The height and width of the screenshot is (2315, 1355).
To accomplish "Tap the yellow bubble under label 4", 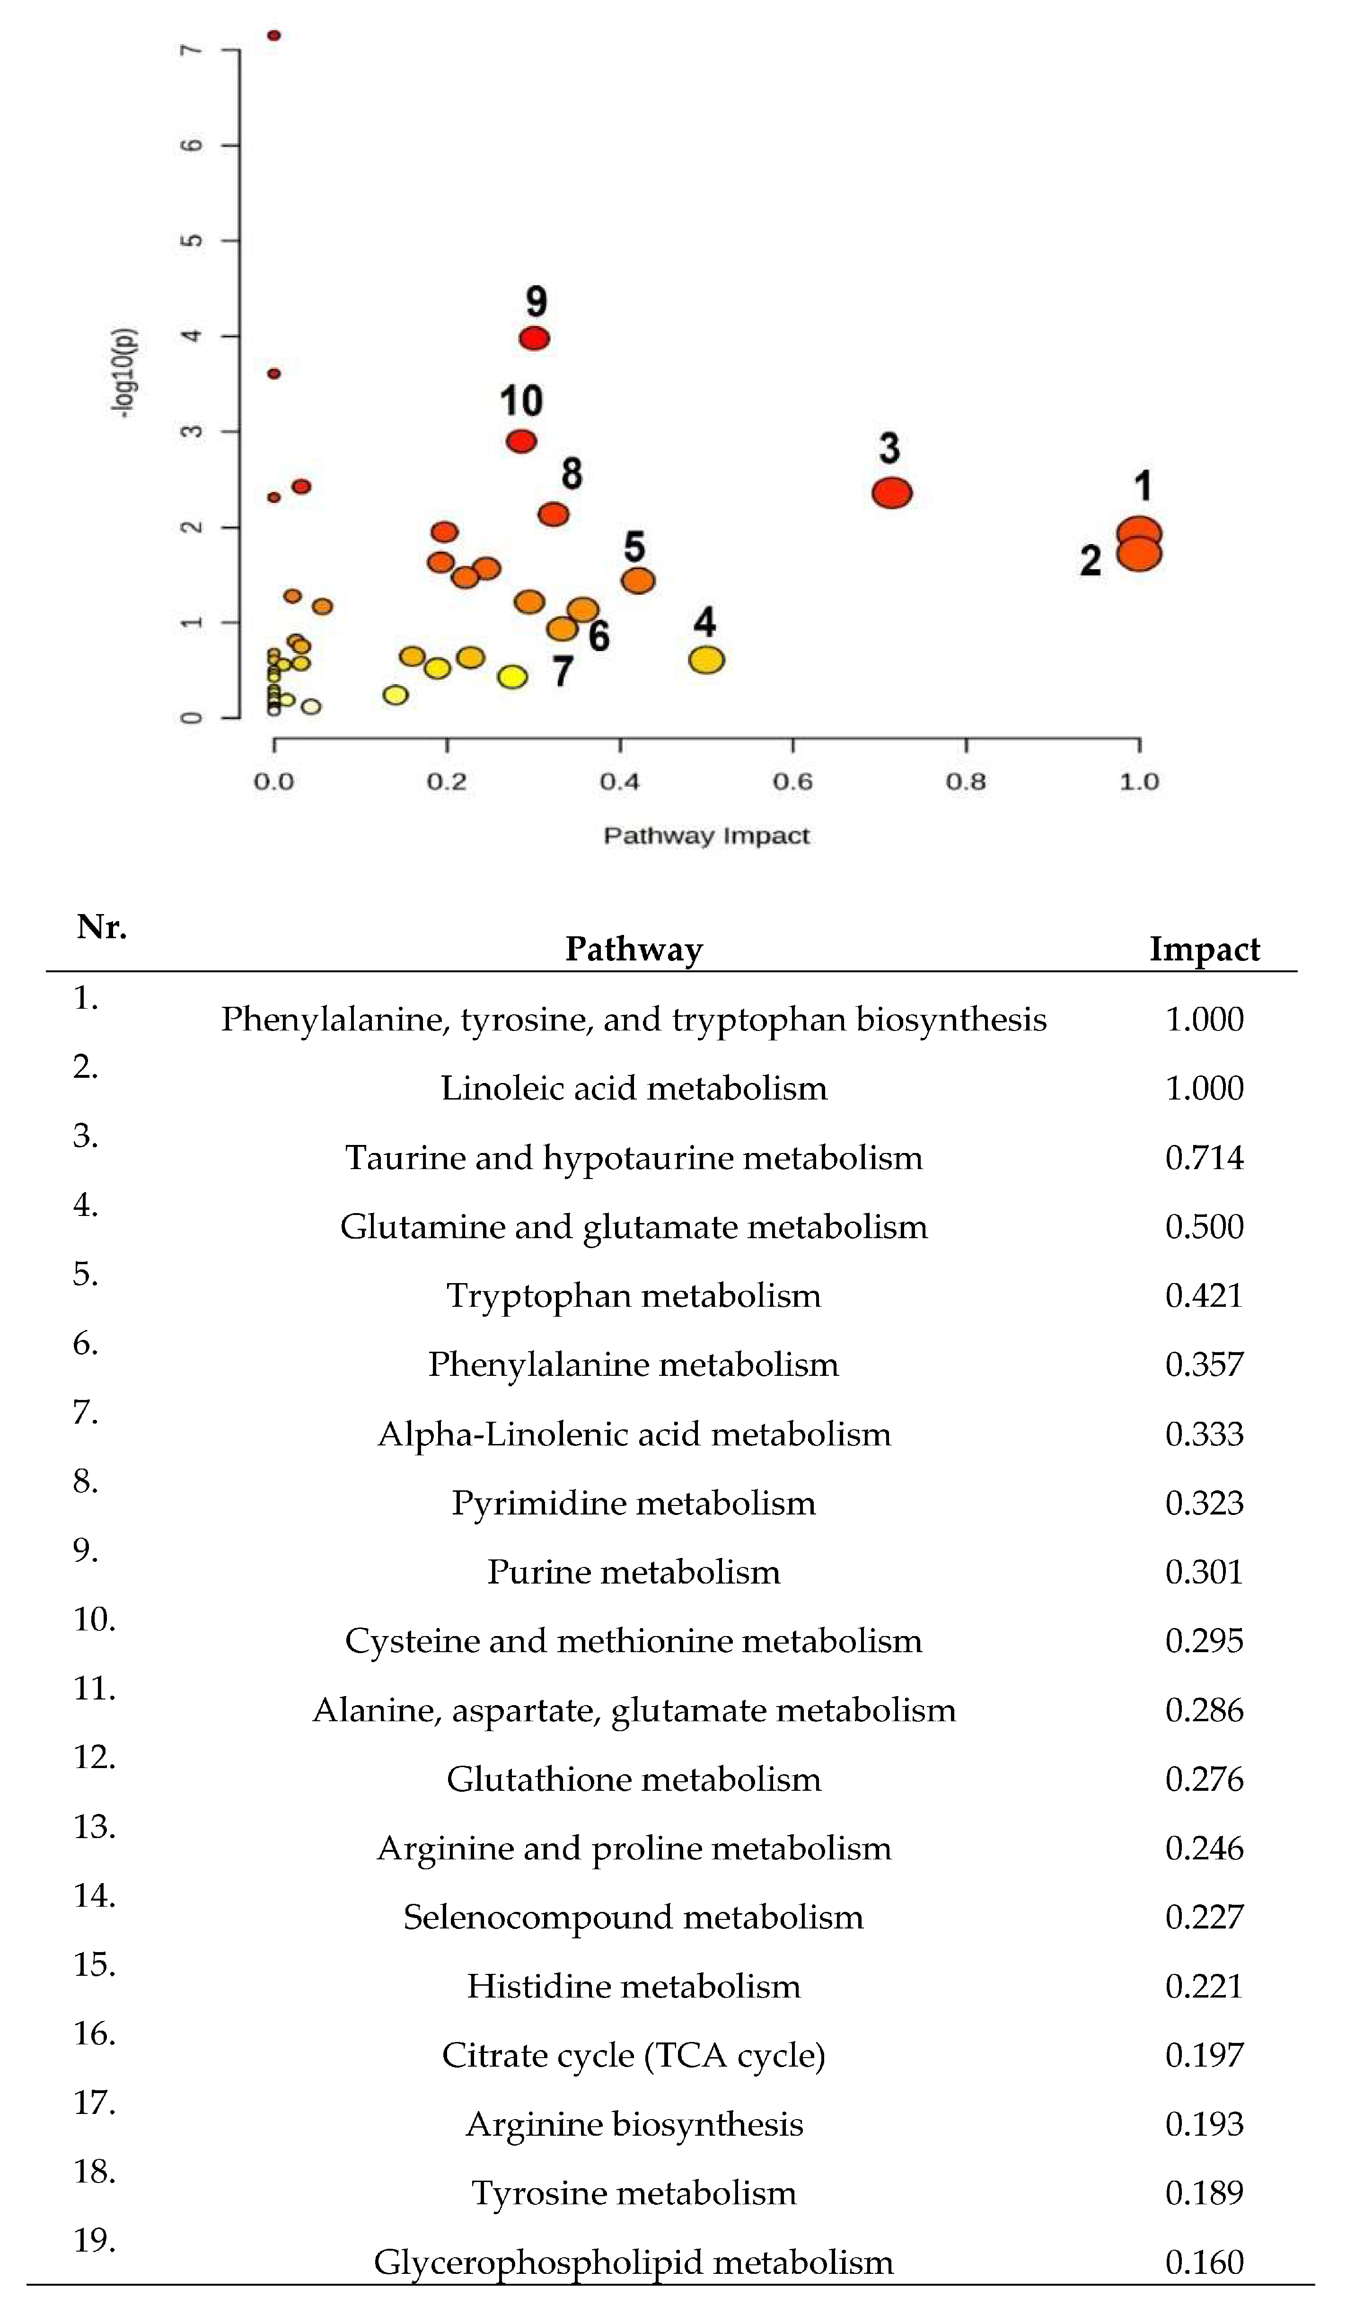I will pos(705,660).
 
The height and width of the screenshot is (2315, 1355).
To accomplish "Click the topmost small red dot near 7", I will pos(274,36).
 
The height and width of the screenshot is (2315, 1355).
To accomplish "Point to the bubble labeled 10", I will pos(521,441).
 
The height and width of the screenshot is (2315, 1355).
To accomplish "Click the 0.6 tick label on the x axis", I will pos(792,782).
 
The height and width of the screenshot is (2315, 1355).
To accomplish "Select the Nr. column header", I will pos(101,927).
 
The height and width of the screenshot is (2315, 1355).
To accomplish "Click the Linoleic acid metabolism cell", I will pos(634,1089).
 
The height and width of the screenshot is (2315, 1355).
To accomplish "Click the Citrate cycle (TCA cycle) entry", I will pos(634,2055).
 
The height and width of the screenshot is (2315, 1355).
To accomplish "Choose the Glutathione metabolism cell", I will pos(634,1779).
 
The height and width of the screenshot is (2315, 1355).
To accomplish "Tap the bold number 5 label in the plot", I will pos(634,546).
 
